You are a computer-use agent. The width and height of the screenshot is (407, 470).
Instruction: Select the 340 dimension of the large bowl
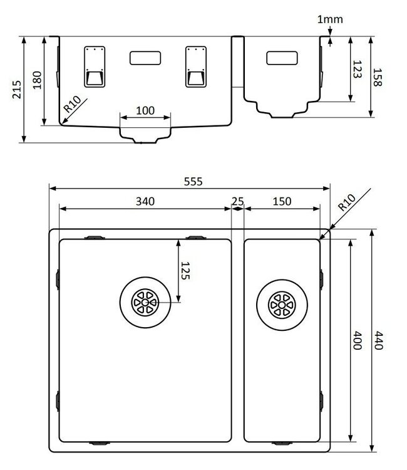click(x=145, y=201)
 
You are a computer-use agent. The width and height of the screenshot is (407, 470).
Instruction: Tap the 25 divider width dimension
click(x=237, y=201)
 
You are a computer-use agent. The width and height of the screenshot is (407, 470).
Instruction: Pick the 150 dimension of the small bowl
click(x=282, y=201)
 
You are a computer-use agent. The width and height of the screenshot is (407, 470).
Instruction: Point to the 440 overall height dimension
click(x=377, y=341)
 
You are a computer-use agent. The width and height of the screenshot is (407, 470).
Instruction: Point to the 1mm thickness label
click(x=330, y=19)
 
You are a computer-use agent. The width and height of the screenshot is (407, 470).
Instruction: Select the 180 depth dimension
click(x=36, y=80)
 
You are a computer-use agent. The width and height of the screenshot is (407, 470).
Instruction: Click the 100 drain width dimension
click(x=145, y=110)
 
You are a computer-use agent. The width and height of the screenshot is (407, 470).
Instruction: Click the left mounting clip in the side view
click(x=95, y=66)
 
